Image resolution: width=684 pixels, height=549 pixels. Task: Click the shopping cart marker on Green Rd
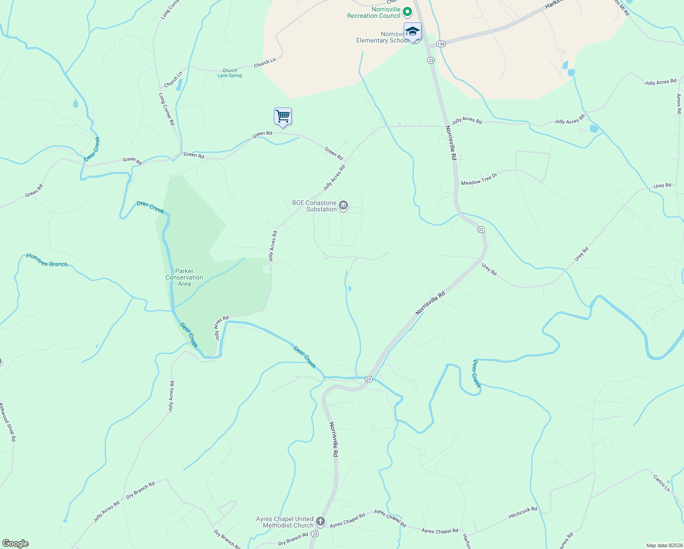(283, 116)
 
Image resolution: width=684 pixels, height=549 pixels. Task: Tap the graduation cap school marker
(412, 32)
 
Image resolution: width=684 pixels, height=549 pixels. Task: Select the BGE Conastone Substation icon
(344, 205)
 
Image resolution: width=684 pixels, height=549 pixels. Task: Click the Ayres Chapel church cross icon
(321, 521)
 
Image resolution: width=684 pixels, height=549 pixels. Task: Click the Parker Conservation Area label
(184, 277)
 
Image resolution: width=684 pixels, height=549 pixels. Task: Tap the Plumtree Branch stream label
(47, 260)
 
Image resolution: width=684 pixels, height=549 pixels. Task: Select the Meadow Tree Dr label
(479, 180)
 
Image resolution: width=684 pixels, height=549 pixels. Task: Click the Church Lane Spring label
(230, 73)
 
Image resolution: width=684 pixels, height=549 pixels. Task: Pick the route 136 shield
(440, 44)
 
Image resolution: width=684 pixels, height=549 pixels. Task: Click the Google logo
(15, 544)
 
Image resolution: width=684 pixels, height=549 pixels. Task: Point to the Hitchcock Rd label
(523, 512)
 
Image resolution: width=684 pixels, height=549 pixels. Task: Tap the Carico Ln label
(661, 484)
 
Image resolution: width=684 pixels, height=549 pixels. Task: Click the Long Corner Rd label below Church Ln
(166, 109)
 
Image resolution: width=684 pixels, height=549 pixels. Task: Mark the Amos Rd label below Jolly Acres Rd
(679, 104)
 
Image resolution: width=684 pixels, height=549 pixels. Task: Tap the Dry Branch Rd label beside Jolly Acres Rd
(140, 490)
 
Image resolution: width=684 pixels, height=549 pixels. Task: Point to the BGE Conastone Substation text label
(315, 206)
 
